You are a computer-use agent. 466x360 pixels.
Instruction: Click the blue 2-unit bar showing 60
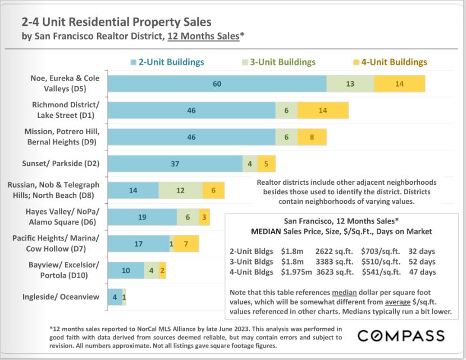[x=217, y=83]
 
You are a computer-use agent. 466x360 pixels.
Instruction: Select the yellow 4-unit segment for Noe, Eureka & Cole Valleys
[x=400, y=83]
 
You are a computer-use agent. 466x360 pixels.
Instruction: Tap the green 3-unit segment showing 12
[x=180, y=190]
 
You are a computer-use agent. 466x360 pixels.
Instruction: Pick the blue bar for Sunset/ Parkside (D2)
[x=175, y=163]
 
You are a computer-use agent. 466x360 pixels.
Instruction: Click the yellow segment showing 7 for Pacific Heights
[x=186, y=244]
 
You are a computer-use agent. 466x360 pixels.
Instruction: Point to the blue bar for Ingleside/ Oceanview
[x=114, y=297]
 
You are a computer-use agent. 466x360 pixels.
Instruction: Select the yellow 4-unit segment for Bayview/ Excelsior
[x=162, y=271]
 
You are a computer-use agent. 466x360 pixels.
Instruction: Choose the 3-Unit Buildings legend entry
[x=278, y=62]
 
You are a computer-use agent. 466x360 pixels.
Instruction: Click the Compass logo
[x=401, y=335]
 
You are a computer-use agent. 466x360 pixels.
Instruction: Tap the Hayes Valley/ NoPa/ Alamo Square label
[x=62, y=217]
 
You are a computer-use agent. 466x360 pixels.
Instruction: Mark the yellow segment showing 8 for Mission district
[x=312, y=136]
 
